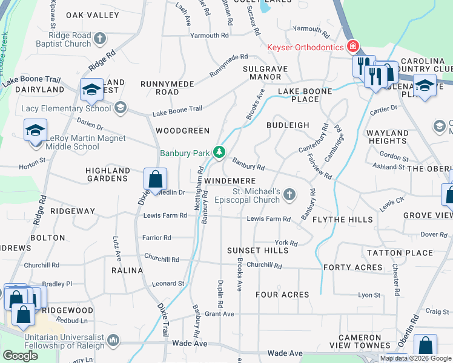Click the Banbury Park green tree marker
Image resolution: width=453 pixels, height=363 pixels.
pyautogui.click(x=221, y=153)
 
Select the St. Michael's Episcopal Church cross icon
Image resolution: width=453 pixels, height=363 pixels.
pyautogui.click(x=289, y=194)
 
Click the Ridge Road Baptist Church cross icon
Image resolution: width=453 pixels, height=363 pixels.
pyautogui.click(x=101, y=39)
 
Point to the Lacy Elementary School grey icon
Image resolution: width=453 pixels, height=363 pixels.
pyautogui.click(x=120, y=108)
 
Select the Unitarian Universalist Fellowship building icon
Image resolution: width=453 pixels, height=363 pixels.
pyautogui.click(x=113, y=342)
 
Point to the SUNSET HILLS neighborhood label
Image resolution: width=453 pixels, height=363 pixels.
pyautogui.click(x=258, y=250)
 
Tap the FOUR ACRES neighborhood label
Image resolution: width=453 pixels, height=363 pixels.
pyautogui.click(x=282, y=295)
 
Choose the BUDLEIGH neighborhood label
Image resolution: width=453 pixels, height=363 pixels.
pyautogui.click(x=288, y=125)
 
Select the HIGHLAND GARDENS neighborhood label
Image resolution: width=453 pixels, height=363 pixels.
pyautogui.click(x=108, y=175)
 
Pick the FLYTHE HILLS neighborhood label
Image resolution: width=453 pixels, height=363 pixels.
pyautogui.click(x=343, y=220)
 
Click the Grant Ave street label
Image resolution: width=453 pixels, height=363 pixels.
pyautogui.click(x=219, y=314)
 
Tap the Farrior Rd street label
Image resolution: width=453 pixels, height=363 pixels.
pyautogui.click(x=157, y=238)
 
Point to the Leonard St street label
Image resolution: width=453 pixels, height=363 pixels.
pyautogui.click(x=168, y=283)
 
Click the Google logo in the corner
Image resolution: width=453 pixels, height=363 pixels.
pyautogui.click(x=20, y=356)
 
